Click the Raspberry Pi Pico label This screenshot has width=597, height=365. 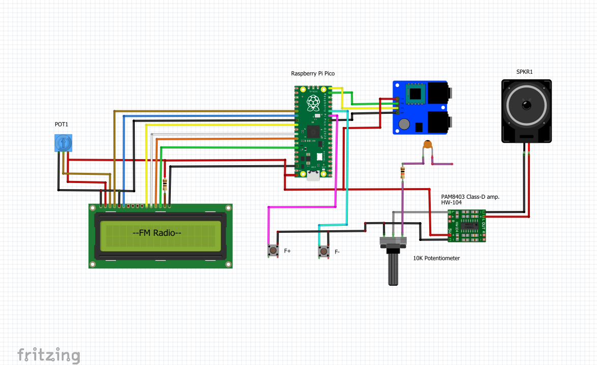coord(313,74)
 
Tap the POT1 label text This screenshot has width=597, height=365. coord(62,125)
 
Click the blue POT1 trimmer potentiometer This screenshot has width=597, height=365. coord(63,143)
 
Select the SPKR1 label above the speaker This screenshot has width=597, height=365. coord(524,72)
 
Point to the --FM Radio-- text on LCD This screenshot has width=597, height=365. coord(157,233)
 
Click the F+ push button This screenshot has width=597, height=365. coord(274,251)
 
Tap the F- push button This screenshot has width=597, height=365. coord(323,251)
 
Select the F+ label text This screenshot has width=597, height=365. coord(287,251)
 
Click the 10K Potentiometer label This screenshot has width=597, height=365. coord(436,258)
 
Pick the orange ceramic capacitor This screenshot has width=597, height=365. coord(428,145)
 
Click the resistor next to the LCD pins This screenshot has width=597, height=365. coord(165,184)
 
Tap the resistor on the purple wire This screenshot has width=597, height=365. coord(403,172)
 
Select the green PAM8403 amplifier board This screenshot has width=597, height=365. coord(466,225)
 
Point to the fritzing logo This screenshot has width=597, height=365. coord(48,354)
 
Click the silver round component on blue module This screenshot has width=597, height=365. coord(404,124)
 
